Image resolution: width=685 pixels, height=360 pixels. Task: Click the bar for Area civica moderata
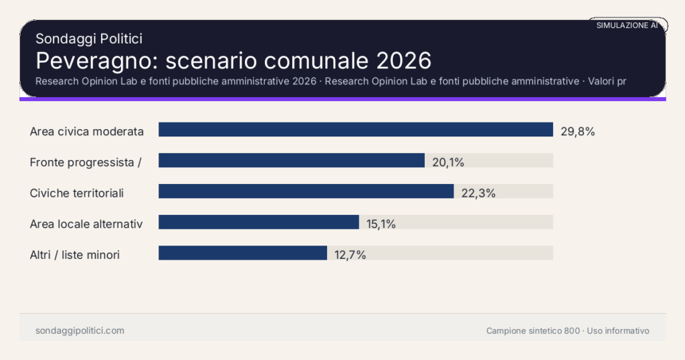coord(355,130)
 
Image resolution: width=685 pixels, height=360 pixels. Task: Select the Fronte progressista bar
coord(291,161)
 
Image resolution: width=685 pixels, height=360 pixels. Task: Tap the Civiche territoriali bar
coord(306,191)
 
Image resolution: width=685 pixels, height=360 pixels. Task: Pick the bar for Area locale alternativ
coord(258,222)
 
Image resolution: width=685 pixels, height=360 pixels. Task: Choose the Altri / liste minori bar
coord(242,253)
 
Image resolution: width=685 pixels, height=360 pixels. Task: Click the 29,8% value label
coord(577,131)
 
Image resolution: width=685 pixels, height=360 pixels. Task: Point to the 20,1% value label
coord(448,162)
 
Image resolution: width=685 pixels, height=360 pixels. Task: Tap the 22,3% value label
coord(478,193)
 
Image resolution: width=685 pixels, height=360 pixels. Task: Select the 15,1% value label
coord(381,224)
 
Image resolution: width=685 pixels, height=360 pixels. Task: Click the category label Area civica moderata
coord(87,131)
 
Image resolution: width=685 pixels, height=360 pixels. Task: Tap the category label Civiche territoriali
coord(77,193)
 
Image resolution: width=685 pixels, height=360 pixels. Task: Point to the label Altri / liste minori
coord(75,255)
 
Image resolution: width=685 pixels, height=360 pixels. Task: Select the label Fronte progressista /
coord(85,162)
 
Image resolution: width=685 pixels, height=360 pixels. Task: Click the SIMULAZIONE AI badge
coord(627,25)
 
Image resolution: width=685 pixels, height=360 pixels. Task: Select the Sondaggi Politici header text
coord(88,39)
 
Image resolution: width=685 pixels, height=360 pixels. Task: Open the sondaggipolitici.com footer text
coord(80,331)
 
